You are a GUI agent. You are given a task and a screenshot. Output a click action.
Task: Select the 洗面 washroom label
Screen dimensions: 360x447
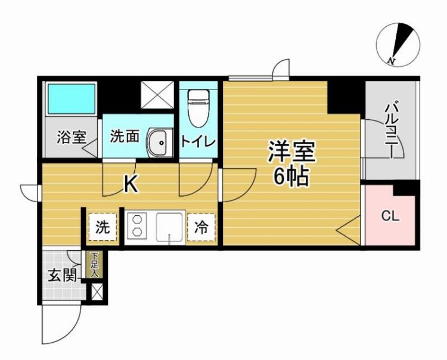pyautogui.click(x=125, y=136)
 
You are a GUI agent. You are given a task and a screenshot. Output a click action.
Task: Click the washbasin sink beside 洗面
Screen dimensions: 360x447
pyautogui.click(x=159, y=142)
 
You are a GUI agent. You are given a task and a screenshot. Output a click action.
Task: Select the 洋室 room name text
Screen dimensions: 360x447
pyautogui.click(x=291, y=151)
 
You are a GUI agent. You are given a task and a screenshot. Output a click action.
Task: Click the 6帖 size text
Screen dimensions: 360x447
pyautogui.click(x=291, y=176)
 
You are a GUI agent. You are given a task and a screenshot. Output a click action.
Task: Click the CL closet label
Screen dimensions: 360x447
pyautogui.click(x=390, y=216)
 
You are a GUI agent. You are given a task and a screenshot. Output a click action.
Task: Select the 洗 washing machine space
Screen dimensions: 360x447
pyautogui.click(x=103, y=226)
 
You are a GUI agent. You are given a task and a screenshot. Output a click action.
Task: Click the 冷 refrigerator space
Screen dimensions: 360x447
pyautogui.click(x=202, y=226)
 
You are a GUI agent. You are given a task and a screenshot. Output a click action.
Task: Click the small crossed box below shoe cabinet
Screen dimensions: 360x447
pyautogui.click(x=95, y=292)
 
